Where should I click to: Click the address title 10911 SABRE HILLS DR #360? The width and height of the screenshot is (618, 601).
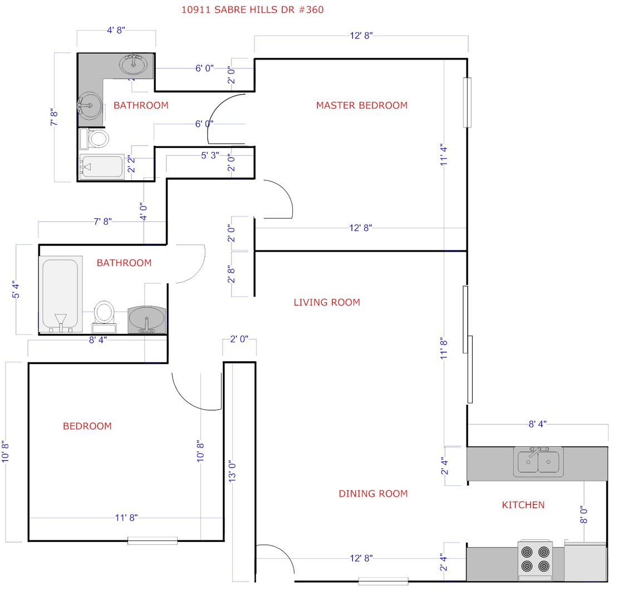252,9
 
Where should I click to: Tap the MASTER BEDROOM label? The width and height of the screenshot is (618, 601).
361,105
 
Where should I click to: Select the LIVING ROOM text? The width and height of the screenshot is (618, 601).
327,302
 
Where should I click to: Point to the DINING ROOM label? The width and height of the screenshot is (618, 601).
373,494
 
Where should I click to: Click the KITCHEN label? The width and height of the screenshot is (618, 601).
523,505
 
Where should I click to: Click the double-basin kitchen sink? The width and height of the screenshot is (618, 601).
538,462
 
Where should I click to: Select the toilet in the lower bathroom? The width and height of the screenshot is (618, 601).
104,314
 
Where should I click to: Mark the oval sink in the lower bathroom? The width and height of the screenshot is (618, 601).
147,319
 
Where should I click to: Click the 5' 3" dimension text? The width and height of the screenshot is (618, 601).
210,155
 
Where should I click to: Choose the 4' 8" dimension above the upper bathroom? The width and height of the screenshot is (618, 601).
116,31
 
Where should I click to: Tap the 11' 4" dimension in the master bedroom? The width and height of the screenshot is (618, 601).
444,156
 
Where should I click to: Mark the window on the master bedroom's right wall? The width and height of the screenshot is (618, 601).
467,102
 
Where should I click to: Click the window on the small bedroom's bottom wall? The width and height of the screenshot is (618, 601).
153,540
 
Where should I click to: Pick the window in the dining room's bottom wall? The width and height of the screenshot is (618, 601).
383,582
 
